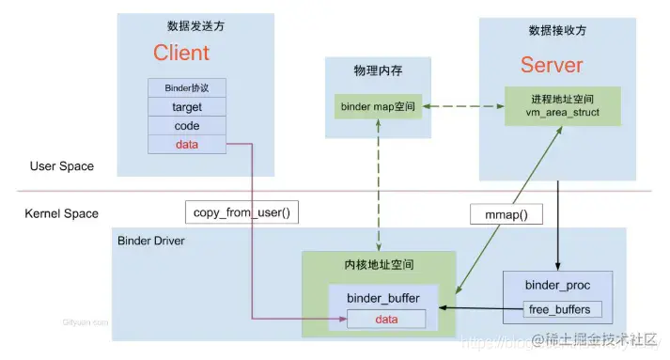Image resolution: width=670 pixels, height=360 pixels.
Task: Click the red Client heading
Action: [x=181, y=54]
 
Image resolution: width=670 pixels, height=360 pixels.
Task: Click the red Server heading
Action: [x=552, y=65]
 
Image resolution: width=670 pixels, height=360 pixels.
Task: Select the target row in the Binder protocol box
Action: [x=187, y=107]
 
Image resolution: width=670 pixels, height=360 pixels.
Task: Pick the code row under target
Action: [x=187, y=126]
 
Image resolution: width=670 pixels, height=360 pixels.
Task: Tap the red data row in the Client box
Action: [x=187, y=144]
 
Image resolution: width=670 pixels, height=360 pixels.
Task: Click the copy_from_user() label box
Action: [x=242, y=211]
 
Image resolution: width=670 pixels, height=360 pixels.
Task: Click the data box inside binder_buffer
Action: [x=386, y=320]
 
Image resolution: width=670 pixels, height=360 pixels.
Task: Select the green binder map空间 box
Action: [x=377, y=106]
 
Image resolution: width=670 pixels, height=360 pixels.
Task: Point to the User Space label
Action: [x=62, y=166]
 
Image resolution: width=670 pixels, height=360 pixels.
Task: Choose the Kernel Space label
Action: [x=62, y=213]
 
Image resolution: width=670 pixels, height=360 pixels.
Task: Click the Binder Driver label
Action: [x=150, y=241]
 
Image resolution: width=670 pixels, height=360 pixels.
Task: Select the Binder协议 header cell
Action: [x=187, y=89]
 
